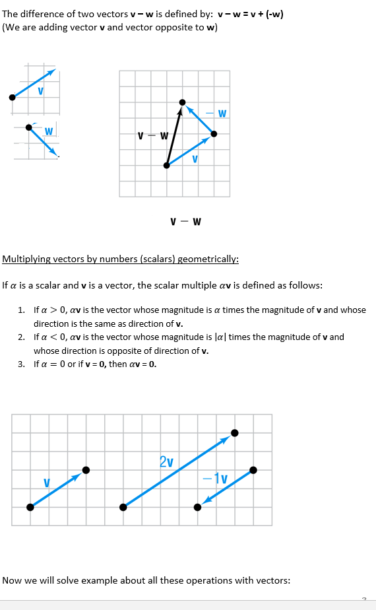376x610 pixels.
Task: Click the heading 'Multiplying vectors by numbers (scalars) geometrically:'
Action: coord(121,259)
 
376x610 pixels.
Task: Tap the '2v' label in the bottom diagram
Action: coord(166,461)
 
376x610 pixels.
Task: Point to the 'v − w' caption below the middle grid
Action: coord(185,220)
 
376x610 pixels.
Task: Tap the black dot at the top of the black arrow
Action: coord(183,102)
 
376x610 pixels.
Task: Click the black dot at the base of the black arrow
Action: coord(167,165)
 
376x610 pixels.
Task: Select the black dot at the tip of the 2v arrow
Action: coord(234,434)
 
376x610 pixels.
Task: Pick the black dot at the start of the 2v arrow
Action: coord(123,507)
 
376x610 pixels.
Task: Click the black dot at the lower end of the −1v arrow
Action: coord(197,507)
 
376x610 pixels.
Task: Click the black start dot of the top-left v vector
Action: coord(12,97)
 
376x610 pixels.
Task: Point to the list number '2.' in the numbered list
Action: coord(22,337)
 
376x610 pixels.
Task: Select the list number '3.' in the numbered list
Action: coord(22,364)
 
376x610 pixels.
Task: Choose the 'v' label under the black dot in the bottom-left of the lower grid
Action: coord(46,483)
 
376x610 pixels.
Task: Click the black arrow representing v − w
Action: coord(175,134)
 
